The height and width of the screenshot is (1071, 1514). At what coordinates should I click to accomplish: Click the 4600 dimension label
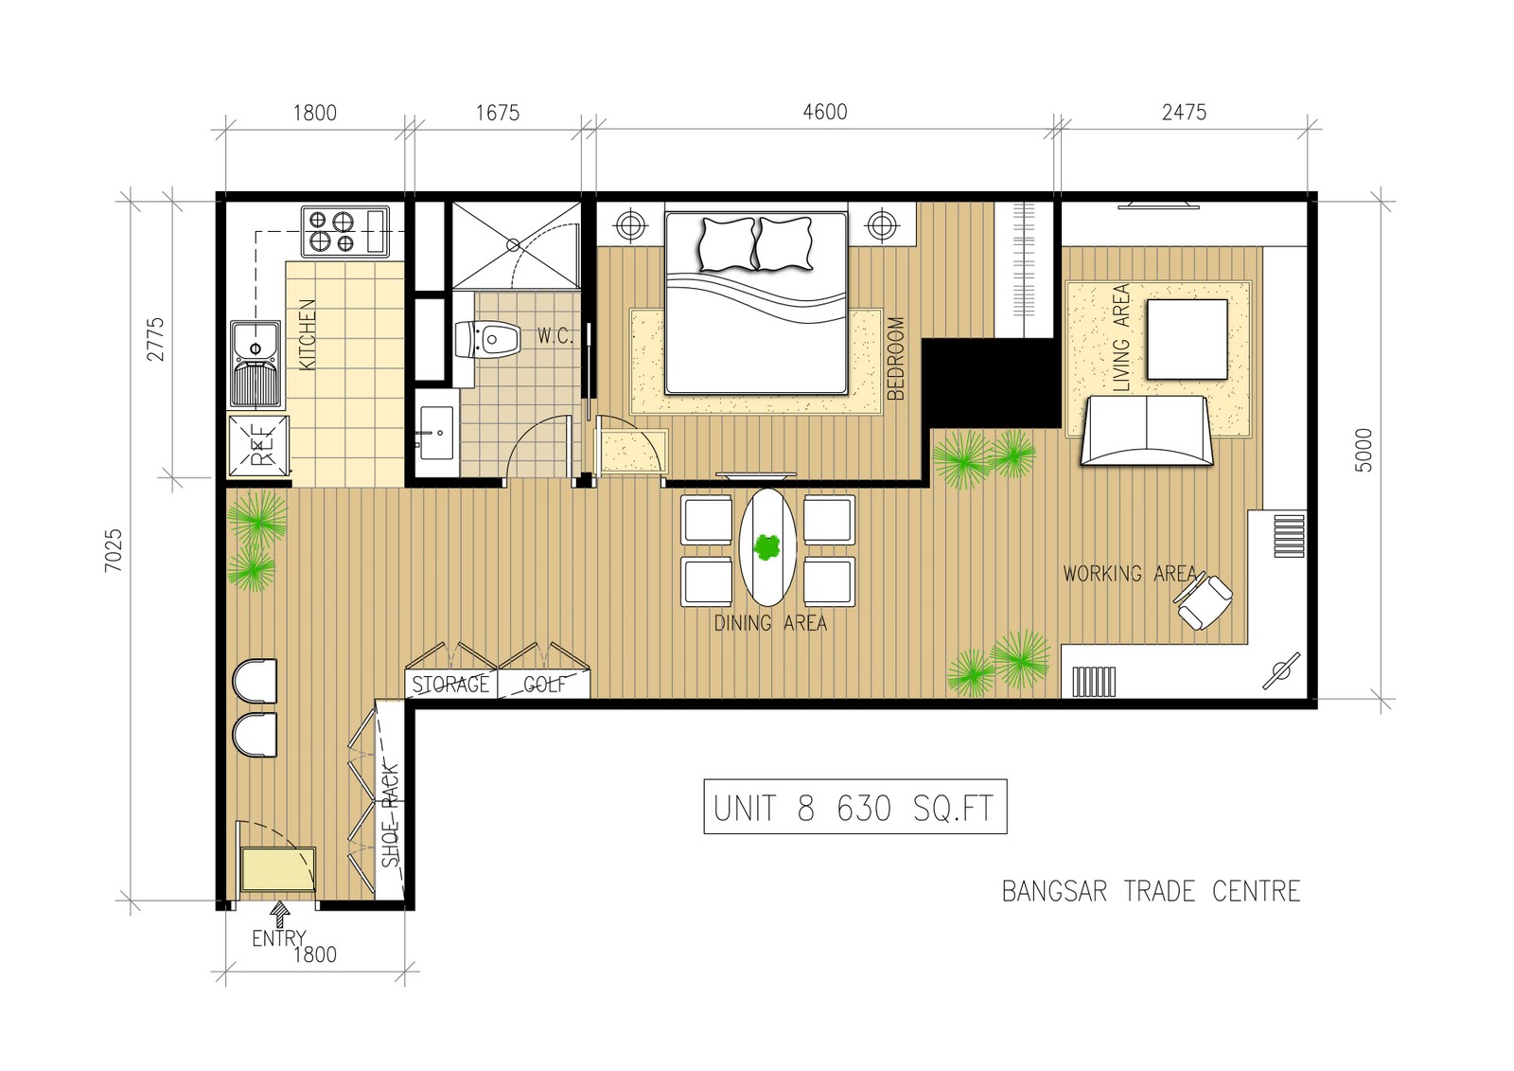[x=824, y=112]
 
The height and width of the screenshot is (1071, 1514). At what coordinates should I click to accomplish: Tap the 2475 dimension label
[x=1184, y=112]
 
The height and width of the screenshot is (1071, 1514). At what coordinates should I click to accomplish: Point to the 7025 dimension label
[x=114, y=550]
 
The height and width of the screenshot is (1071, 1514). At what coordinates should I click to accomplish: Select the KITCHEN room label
[x=307, y=334]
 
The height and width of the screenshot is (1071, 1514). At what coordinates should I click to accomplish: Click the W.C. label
[x=555, y=335]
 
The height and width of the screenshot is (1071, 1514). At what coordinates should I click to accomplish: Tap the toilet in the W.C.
[x=486, y=339]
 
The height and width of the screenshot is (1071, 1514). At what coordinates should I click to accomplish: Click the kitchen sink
[x=255, y=365]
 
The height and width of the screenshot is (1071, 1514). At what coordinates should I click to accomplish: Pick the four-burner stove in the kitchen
[x=345, y=231]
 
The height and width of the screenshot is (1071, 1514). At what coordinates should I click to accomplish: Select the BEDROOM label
[x=895, y=359]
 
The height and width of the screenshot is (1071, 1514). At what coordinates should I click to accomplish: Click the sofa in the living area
[x=1146, y=430]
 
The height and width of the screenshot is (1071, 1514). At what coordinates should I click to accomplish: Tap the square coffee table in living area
[x=1187, y=339]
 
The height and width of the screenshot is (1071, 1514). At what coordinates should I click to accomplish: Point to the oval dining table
[x=767, y=546]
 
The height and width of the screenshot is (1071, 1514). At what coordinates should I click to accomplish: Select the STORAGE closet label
[x=450, y=685]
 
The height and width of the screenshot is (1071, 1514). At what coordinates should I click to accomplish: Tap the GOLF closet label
[x=545, y=685]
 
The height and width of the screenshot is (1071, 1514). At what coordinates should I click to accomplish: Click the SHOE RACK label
[x=390, y=815]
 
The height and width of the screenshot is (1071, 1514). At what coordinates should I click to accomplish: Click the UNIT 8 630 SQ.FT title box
[x=855, y=806]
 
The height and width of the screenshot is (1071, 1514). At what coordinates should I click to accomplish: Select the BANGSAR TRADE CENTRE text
[x=1151, y=892]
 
